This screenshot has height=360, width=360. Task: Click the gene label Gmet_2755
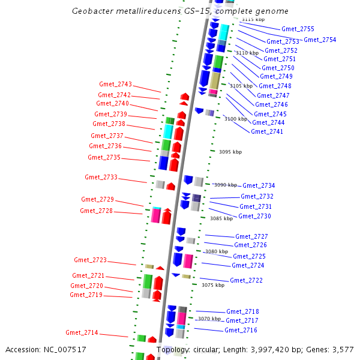pyautogui.click(x=298, y=29)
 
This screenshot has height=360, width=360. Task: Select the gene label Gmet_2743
pyautogui.click(x=115, y=85)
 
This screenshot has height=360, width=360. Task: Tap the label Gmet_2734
pyautogui.click(x=259, y=185)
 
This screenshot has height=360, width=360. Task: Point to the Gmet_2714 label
pyautogui.click(x=82, y=332)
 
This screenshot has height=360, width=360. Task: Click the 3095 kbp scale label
pyautogui.click(x=230, y=152)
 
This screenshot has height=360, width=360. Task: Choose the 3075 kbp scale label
pyautogui.click(x=213, y=285)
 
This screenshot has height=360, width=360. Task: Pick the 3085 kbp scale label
pyautogui.click(x=221, y=218)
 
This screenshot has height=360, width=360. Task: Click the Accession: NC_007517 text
pyautogui.click(x=46, y=349)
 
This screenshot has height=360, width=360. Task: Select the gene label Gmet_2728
pyautogui.click(x=96, y=211)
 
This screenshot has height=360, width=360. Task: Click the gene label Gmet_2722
pyautogui.click(x=246, y=280)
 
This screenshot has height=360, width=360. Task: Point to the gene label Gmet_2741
pyautogui.click(x=267, y=131)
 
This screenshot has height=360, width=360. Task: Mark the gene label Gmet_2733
pyautogui.click(x=101, y=177)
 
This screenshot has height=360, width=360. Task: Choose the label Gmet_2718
pyautogui.click(x=242, y=311)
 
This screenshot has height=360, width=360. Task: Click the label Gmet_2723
pyautogui.click(x=90, y=260)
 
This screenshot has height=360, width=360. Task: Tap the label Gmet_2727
pyautogui.click(x=251, y=236)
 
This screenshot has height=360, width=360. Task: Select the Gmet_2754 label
pyautogui.click(x=320, y=40)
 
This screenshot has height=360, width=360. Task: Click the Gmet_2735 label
pyautogui.click(x=104, y=157)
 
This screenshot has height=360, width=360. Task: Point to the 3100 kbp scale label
pyautogui.click(x=235, y=119)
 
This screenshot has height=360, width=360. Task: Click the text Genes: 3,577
pyautogui.click(x=331, y=349)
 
